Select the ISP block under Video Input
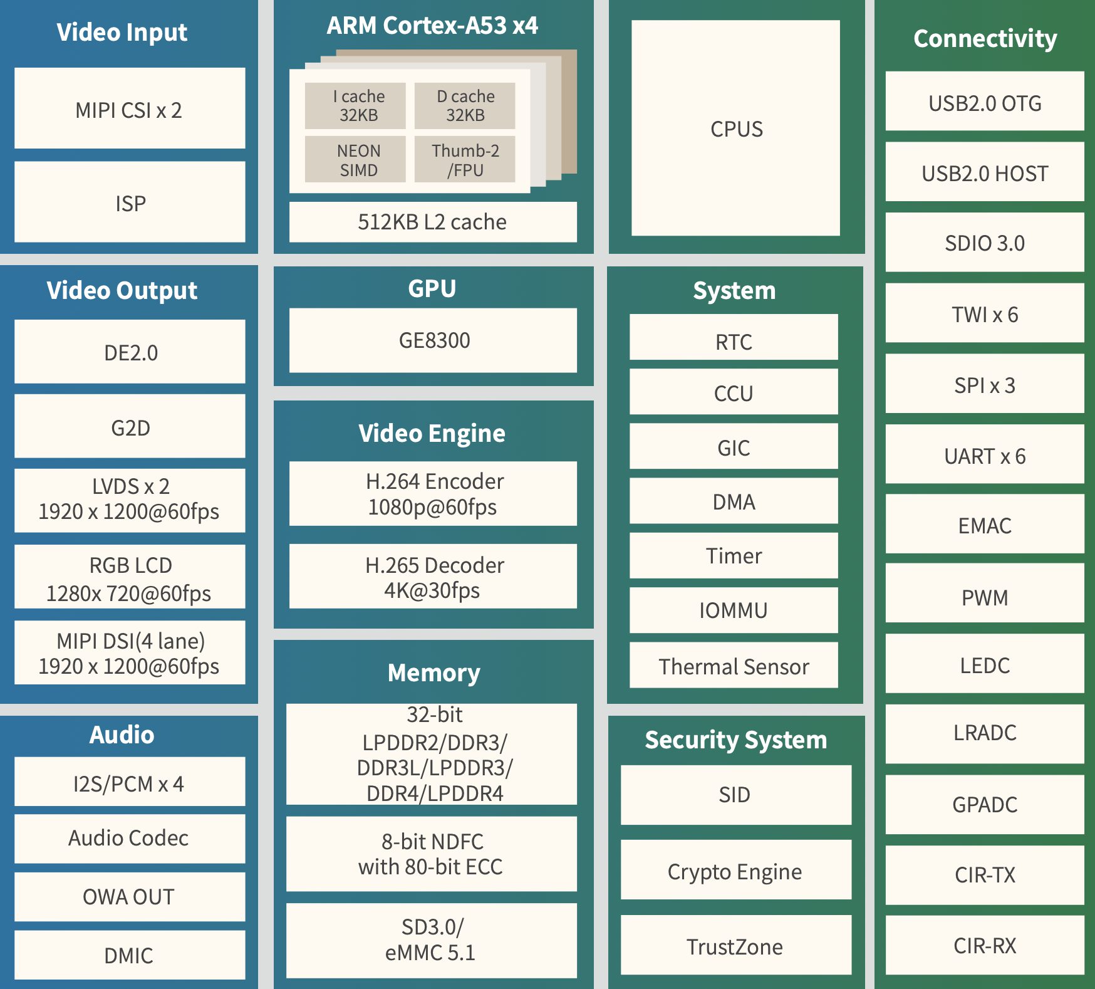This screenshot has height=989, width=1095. point(130,202)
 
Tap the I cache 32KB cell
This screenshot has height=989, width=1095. point(355,106)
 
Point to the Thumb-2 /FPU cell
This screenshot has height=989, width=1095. point(465,160)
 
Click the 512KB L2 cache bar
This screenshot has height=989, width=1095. point(433,222)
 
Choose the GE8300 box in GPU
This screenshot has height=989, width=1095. point(433,340)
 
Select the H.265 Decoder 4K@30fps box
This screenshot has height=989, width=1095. point(433,577)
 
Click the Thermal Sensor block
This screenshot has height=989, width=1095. point(734,666)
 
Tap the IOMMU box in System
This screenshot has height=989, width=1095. point(734,610)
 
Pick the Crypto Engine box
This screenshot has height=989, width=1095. point(735,871)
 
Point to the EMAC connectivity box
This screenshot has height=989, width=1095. point(985,525)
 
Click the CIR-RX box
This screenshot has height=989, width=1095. point(985,945)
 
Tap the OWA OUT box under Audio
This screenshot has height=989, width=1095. point(130,897)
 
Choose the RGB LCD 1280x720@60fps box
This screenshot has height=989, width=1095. point(130,577)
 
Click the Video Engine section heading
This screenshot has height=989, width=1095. point(432,433)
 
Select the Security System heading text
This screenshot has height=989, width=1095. point(736,740)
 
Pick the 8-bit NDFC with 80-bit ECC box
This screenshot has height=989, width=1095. point(432,854)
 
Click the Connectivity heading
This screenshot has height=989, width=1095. point(985,38)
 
